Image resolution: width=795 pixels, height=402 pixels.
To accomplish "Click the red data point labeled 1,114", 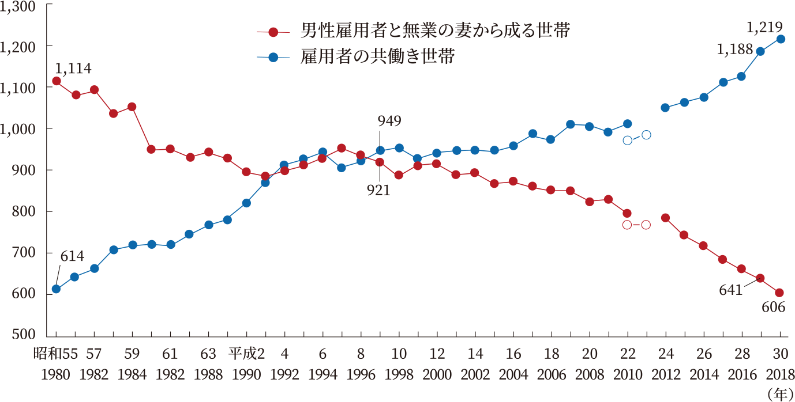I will pos(57,81).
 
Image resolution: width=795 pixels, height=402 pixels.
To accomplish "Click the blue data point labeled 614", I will pos(56,289).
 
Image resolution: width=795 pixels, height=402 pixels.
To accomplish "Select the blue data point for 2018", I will pos(780,39).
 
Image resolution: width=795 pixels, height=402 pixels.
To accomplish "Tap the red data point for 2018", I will pos(779,293).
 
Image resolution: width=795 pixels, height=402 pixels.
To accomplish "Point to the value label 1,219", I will pos(764,26).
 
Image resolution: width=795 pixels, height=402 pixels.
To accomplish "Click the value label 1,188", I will pos(735,50).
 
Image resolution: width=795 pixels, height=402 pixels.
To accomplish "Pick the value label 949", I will pos(389,121).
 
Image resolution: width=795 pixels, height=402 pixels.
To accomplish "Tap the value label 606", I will pos(773,308).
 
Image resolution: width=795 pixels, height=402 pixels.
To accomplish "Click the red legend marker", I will pos(273,31).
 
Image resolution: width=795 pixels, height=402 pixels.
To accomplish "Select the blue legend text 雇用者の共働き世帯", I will pos(378,56).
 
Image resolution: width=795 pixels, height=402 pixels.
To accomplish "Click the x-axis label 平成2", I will pos(246,353).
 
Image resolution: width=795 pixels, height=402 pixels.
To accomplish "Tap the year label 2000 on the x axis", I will pos(437,374).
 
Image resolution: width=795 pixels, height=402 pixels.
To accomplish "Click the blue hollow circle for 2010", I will pos(628,140).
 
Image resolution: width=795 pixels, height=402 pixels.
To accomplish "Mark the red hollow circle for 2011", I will pos(646,225).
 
